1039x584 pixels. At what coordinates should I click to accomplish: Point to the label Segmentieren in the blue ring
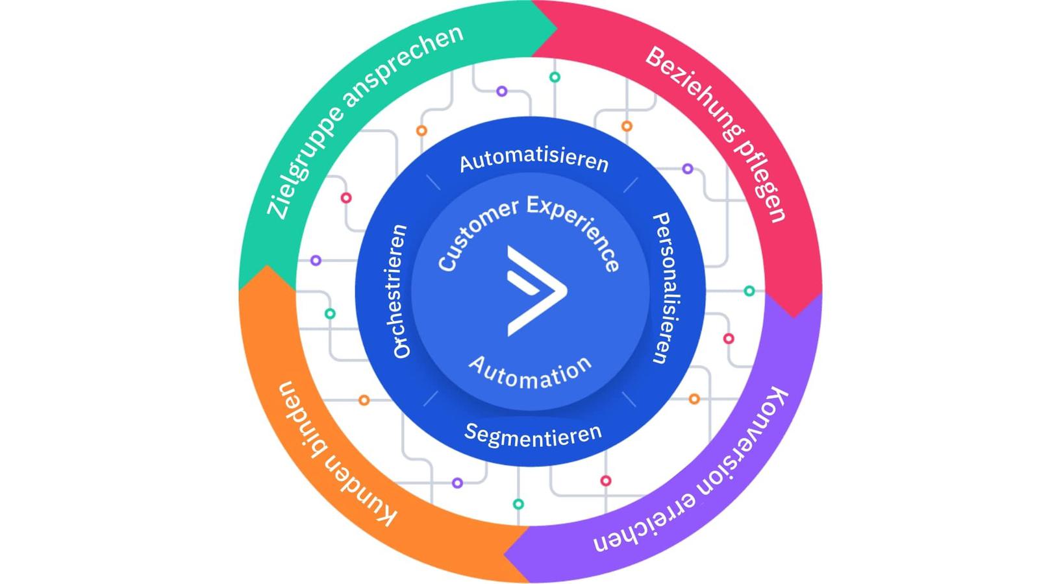pyautogui.click(x=533, y=435)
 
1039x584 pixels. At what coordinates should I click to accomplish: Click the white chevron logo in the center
pyautogui.click(x=536, y=290)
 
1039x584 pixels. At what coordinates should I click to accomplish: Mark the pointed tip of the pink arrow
pyautogui.click(x=793, y=316)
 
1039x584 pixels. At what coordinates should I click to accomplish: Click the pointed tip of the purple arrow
pyautogui.click(x=505, y=555)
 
